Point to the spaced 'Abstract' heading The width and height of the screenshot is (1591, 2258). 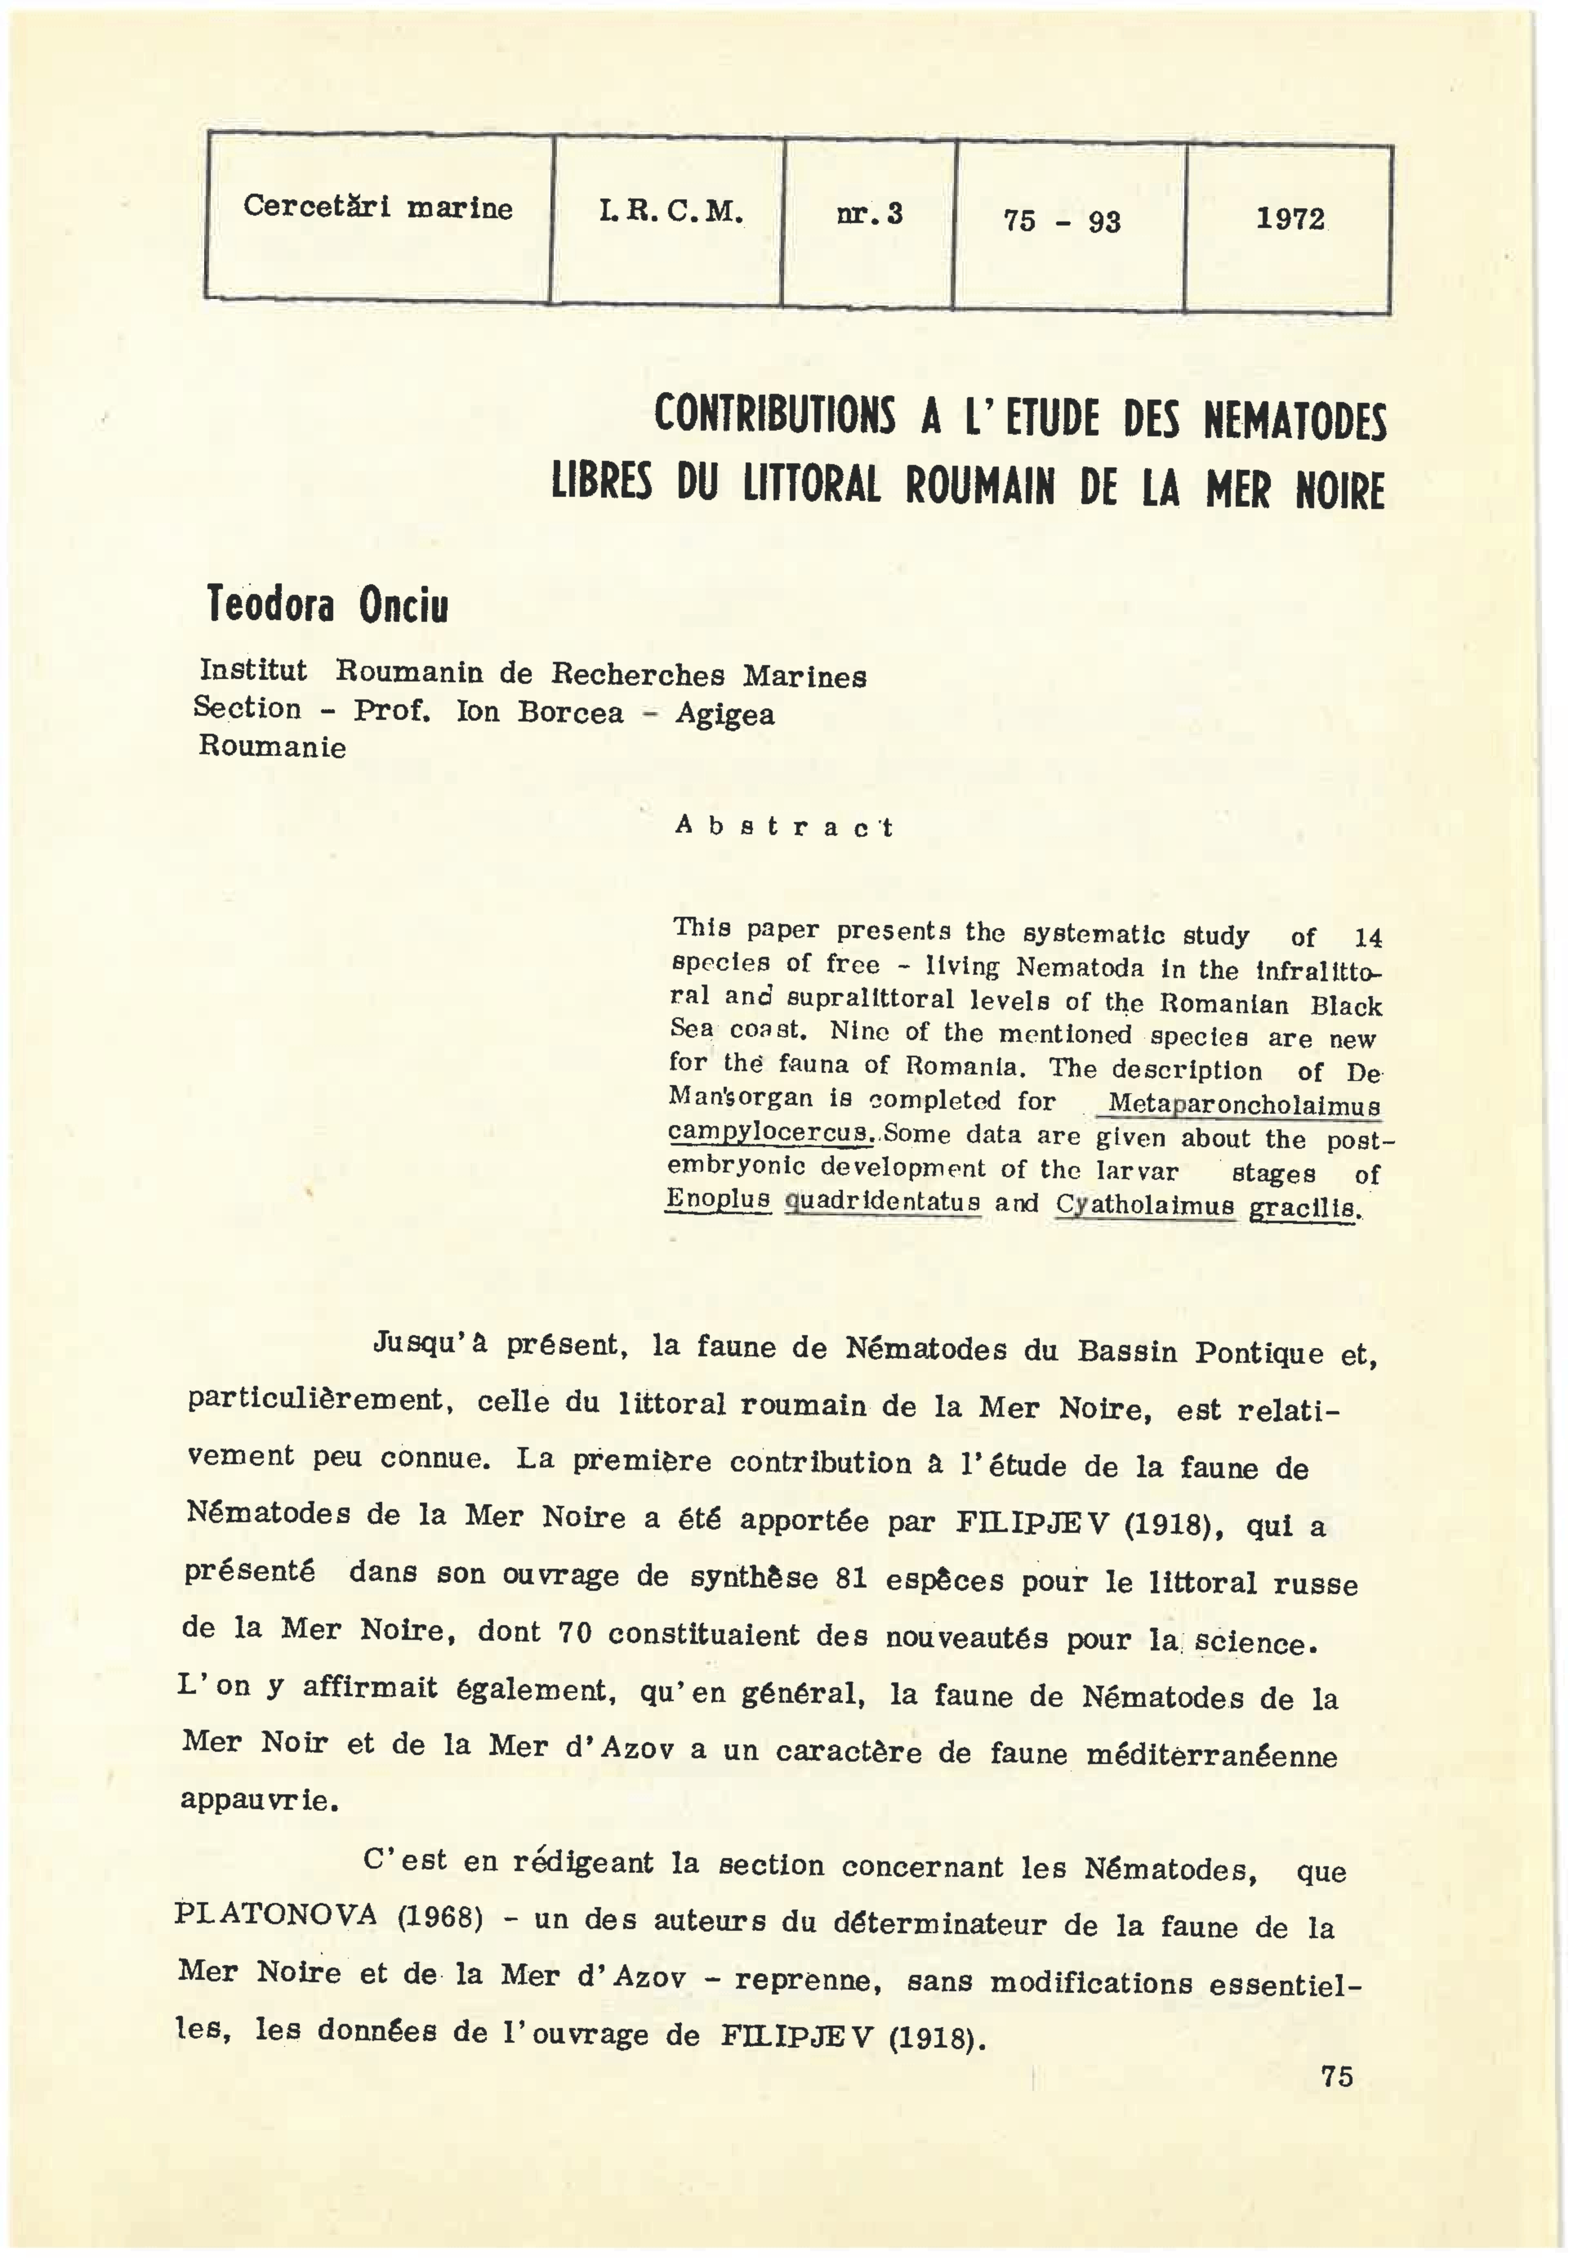784,827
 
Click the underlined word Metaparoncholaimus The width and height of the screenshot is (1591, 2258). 1244,1104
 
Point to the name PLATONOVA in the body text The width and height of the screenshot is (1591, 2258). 275,1915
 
